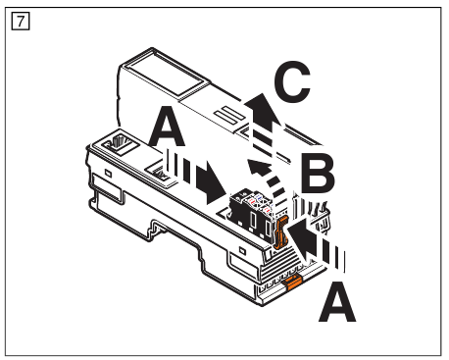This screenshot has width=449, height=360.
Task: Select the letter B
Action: pos(316,175)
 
